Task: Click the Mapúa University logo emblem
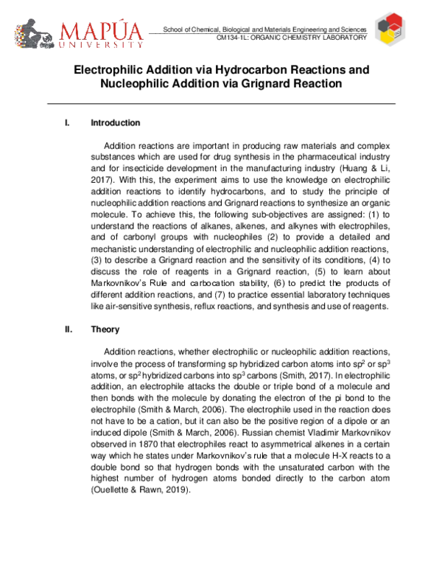click(x=29, y=34)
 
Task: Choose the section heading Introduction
click(x=115, y=122)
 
